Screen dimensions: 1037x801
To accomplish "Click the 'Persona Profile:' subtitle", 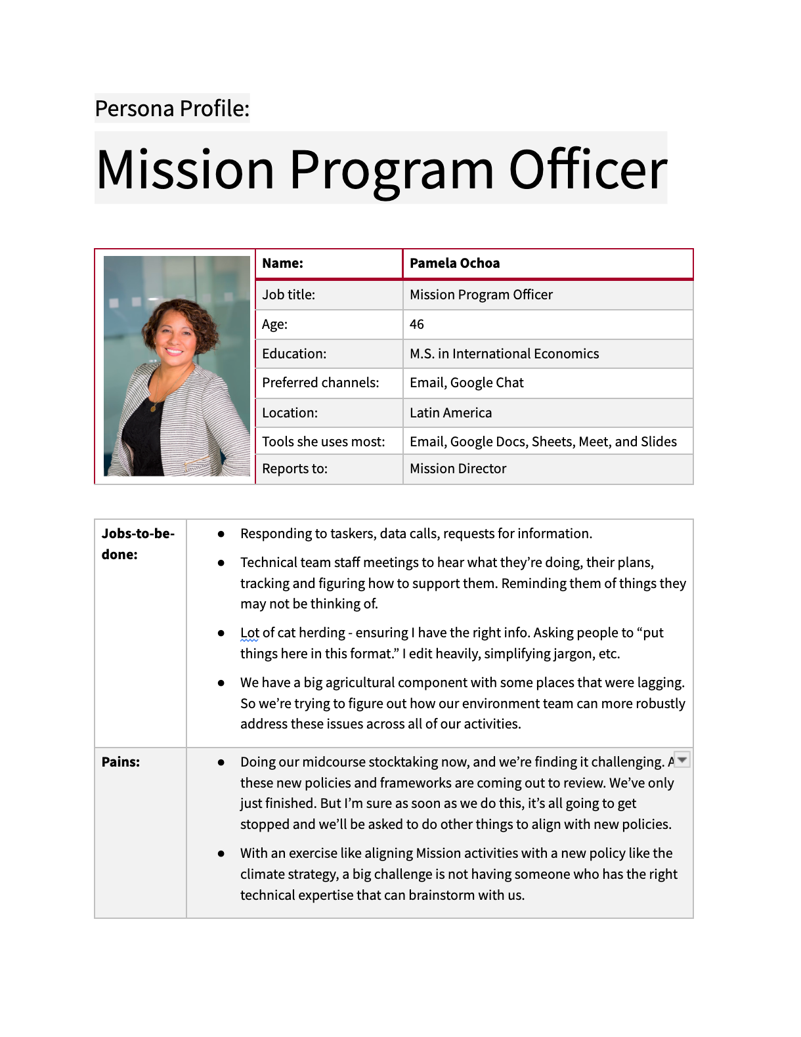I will [x=172, y=108].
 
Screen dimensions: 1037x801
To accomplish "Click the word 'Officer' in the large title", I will [x=588, y=170].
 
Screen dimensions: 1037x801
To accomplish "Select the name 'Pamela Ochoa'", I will [x=454, y=263].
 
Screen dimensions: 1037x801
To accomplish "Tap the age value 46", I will [x=417, y=324].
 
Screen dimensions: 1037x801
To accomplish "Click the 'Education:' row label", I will [x=293, y=354].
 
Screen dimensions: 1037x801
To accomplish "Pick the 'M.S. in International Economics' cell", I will [x=504, y=354].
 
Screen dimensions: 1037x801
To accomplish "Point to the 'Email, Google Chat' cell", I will [x=466, y=383].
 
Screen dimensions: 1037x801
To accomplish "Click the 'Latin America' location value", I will [x=450, y=413].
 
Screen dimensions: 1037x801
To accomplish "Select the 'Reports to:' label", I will [x=294, y=469].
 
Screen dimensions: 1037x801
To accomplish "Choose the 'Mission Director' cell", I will [x=458, y=469].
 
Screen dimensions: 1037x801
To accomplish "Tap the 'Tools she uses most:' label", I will [x=323, y=442].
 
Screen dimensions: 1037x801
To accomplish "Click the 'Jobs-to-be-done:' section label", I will [x=138, y=543].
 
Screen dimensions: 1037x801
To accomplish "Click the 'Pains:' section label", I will [x=121, y=762].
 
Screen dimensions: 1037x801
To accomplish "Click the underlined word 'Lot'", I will [x=249, y=633].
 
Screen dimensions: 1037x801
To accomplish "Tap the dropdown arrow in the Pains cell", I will [x=682, y=760].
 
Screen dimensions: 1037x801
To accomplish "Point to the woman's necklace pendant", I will [x=154, y=408].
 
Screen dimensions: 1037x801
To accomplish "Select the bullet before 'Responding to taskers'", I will [x=221, y=534].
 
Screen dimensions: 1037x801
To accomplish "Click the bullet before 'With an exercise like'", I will [x=221, y=854].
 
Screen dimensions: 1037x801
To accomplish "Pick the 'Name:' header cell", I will [x=282, y=263].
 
